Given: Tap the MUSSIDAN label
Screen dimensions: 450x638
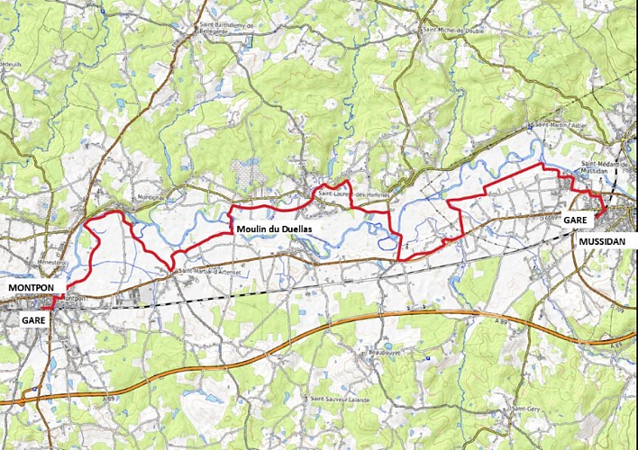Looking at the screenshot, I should pyautogui.click(x=600, y=240).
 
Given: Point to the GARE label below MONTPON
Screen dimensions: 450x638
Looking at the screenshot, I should pyautogui.click(x=33, y=319).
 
